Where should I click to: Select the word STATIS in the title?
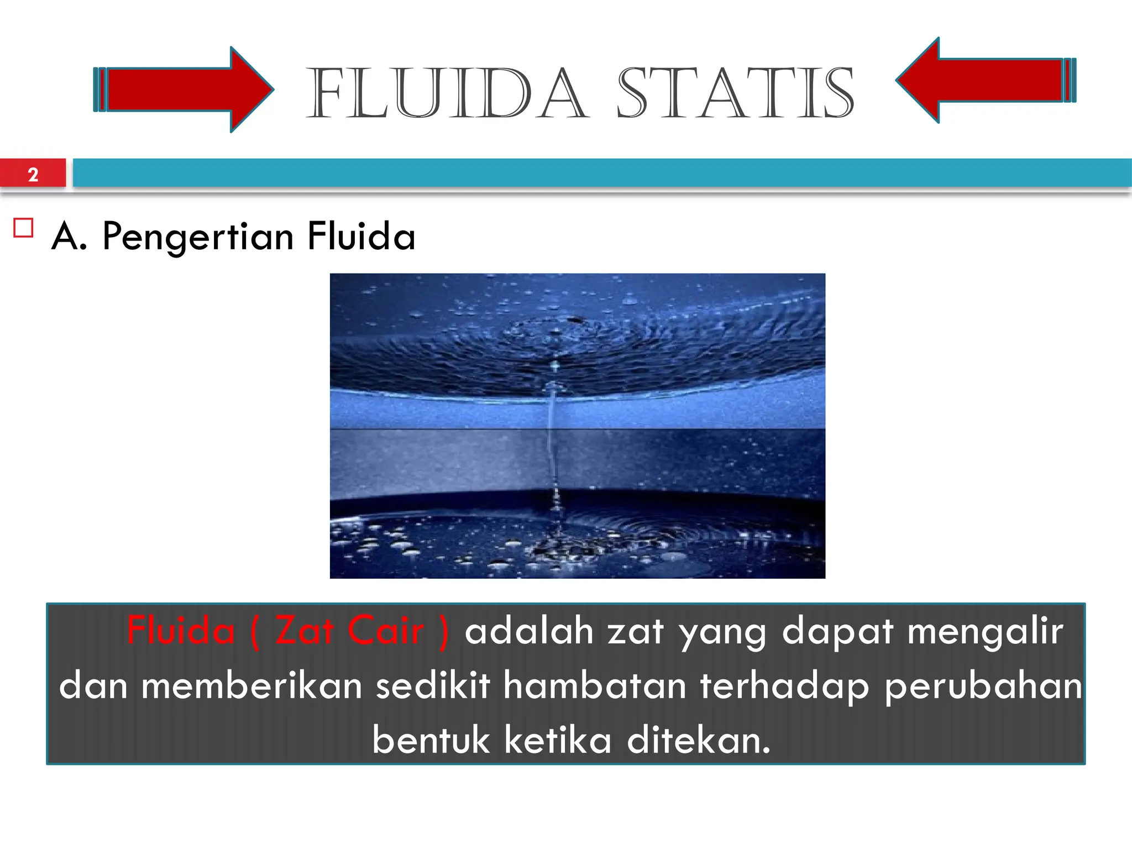735,93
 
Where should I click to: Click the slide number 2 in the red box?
33,175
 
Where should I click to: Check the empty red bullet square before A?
23,228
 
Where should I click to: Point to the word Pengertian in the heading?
198,237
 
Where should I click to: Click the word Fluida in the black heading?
361,235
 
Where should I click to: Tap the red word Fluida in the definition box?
181,631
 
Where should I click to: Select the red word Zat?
305,631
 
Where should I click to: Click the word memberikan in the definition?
251,686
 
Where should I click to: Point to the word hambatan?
595,686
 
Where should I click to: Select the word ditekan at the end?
698,740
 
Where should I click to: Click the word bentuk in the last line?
431,740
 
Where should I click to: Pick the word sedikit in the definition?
433,686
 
